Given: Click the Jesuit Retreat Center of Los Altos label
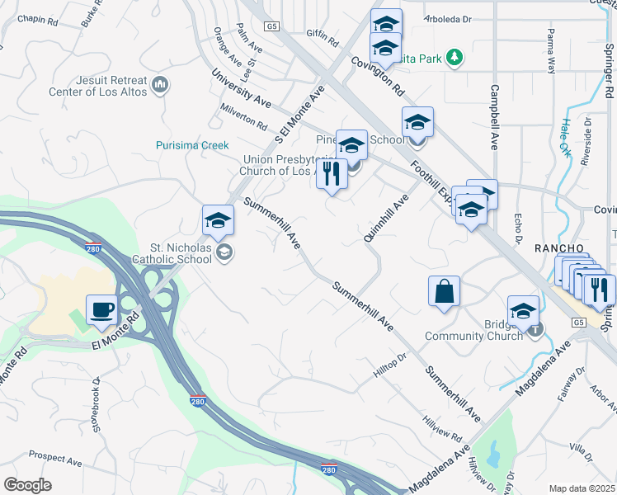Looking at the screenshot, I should (x=97, y=86).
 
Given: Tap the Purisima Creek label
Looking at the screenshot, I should (x=192, y=145).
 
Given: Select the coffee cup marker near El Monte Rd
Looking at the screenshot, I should (x=101, y=310).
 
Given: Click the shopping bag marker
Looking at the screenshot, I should (x=444, y=291).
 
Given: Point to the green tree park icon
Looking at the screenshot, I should (x=454, y=57).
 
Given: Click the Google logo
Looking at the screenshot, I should (x=27, y=485).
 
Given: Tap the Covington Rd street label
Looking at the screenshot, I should (x=377, y=74).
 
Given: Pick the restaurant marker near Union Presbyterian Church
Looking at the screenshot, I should (x=332, y=174).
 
